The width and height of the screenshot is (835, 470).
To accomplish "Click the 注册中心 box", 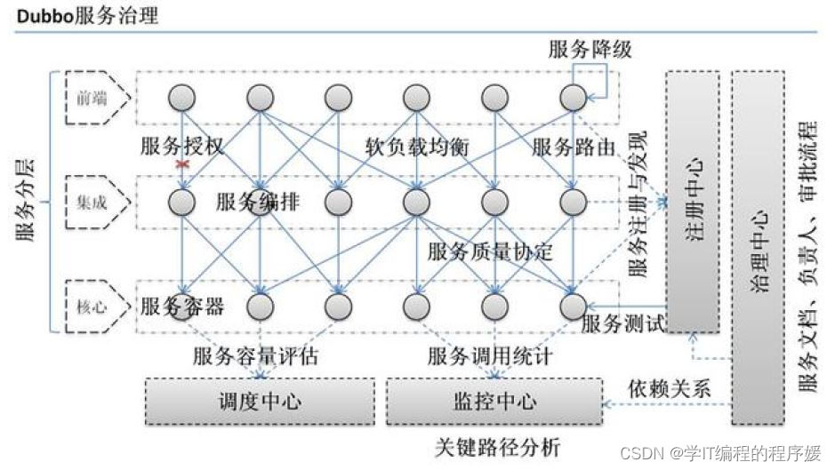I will (x=696, y=201).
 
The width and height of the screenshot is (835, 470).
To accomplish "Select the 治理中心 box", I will (x=758, y=247).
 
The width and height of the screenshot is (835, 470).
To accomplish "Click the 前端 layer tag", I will (x=92, y=98).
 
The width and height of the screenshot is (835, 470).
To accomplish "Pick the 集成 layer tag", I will (x=92, y=202).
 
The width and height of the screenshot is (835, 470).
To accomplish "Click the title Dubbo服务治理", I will (x=85, y=16).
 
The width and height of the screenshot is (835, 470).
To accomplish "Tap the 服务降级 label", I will (x=590, y=50).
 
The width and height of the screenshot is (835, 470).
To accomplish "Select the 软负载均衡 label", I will (x=416, y=147).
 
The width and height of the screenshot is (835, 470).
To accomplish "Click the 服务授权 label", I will (x=182, y=147).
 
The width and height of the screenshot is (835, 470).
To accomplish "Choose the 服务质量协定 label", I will (x=490, y=252).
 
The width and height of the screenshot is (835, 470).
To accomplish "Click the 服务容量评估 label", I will (x=255, y=357).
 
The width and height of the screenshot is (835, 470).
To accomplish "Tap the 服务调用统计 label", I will (x=490, y=357).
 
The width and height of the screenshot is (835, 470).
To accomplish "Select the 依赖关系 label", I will (x=668, y=388).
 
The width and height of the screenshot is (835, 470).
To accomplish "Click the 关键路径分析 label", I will (x=499, y=444).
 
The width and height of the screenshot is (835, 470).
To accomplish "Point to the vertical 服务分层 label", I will (x=26, y=201).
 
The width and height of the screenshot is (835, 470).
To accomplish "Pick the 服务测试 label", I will (x=622, y=324).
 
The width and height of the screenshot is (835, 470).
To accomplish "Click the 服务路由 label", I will (x=573, y=147).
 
